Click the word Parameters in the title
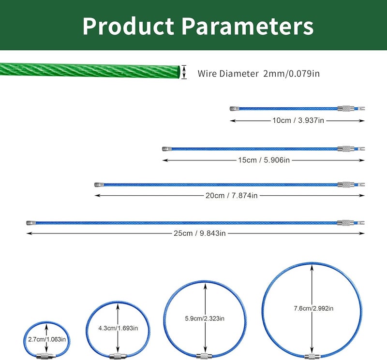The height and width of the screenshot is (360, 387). (248, 26)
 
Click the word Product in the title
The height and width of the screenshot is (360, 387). (128, 26)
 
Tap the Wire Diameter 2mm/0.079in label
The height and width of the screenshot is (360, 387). (258, 73)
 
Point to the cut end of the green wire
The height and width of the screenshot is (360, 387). (179, 72)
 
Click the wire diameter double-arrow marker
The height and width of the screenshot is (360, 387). (184, 72)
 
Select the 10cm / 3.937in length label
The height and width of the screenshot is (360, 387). (298, 120)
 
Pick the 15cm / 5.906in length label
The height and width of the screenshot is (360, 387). (264, 160)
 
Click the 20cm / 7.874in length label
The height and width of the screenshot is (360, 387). (232, 196)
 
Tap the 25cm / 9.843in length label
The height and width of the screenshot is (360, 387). (200, 233)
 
